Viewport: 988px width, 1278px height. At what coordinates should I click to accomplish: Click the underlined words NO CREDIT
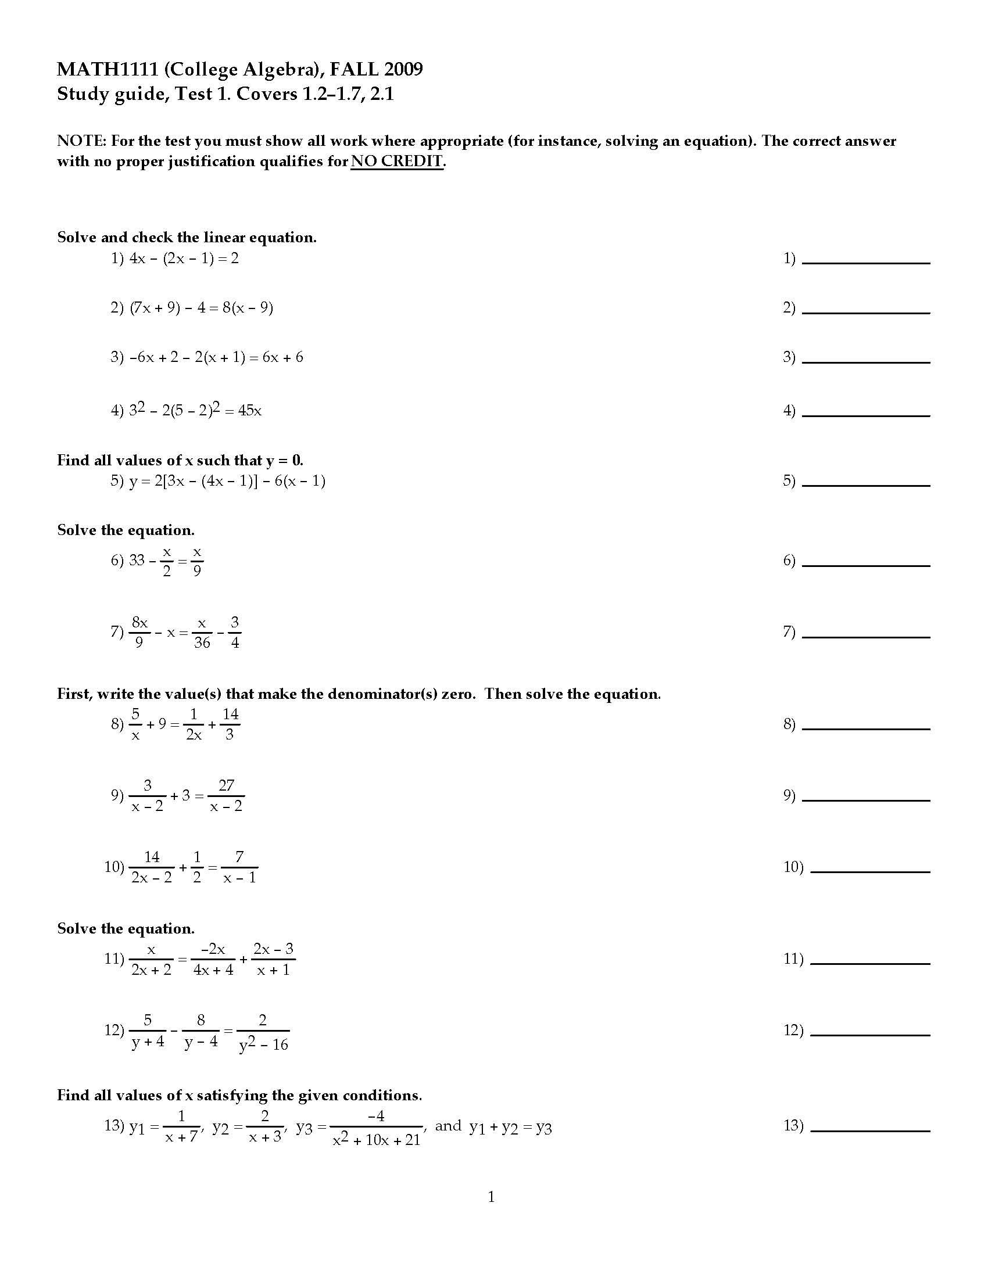(397, 161)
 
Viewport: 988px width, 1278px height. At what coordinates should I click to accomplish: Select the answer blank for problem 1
(866, 259)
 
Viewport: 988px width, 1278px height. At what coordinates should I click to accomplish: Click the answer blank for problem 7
(866, 632)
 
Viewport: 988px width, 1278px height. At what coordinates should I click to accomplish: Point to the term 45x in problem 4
(250, 411)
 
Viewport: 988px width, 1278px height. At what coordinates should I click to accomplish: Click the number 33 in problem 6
(137, 560)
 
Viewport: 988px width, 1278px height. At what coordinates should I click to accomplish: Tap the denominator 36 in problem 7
(202, 642)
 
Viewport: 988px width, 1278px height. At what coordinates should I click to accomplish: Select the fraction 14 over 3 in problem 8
(230, 724)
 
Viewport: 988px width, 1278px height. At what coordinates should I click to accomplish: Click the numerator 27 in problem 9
(226, 785)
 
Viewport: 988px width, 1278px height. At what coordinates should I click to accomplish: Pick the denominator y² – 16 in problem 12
(263, 1045)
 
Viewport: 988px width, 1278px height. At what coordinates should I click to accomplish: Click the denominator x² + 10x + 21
(377, 1139)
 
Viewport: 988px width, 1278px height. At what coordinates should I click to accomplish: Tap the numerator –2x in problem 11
(213, 949)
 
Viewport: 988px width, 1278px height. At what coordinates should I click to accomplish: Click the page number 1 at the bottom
(491, 1197)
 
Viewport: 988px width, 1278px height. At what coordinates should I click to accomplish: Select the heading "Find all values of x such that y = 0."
(180, 461)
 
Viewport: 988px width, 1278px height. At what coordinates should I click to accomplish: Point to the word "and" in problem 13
(448, 1126)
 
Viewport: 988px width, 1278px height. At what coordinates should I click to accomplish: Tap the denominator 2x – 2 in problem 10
(152, 877)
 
